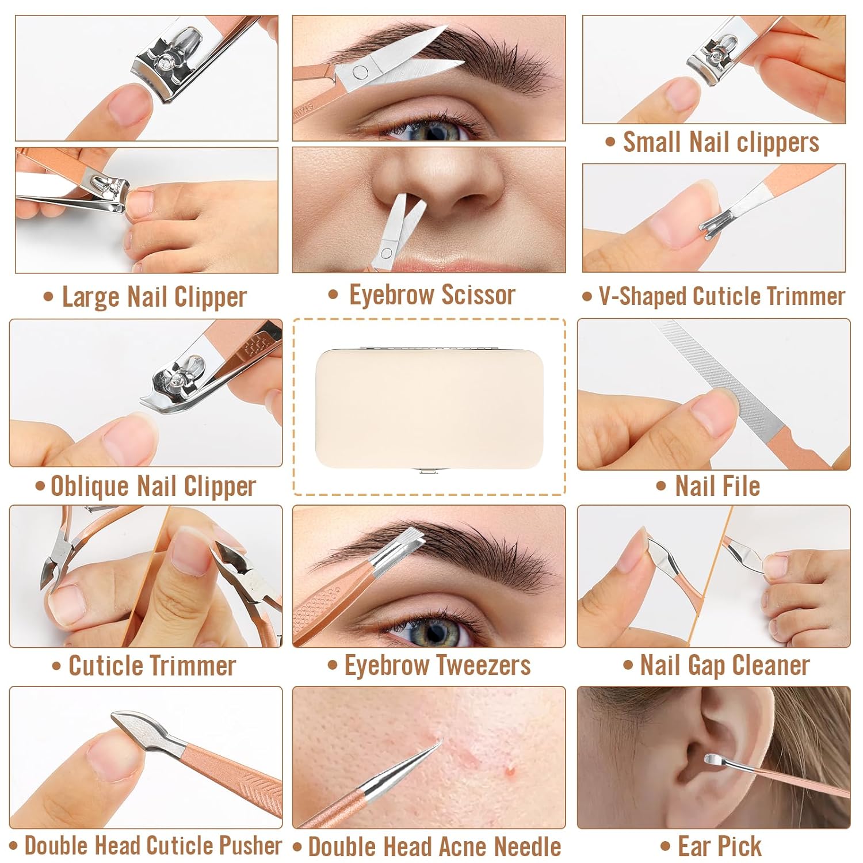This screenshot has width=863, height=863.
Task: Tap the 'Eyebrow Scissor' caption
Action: [432, 295]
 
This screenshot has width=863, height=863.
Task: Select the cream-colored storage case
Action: [429, 408]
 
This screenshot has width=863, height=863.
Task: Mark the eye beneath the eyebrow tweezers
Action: [434, 631]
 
